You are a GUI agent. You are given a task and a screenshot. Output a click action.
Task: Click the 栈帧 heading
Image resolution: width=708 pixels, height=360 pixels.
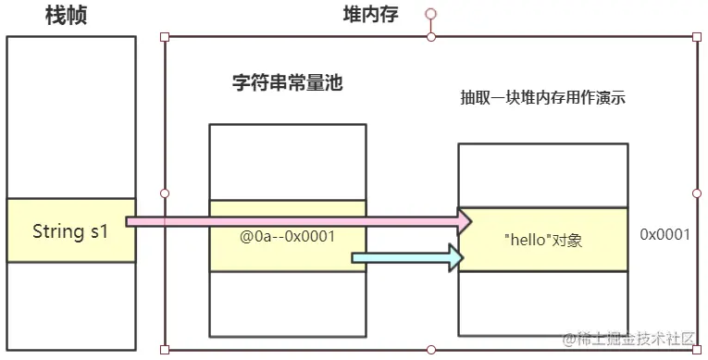[x=66, y=16]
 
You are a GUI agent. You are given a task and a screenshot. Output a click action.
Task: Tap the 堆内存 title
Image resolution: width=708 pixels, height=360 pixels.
[x=371, y=15]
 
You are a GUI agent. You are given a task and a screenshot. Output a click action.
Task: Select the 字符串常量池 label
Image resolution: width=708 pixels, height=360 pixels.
[x=288, y=82]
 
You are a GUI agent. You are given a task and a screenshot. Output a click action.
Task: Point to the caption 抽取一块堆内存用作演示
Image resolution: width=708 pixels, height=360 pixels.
[x=542, y=97]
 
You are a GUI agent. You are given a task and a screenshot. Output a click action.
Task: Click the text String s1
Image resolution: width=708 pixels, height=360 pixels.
[x=70, y=231]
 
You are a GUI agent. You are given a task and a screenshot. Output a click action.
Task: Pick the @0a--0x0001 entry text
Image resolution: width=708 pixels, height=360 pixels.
[x=287, y=236]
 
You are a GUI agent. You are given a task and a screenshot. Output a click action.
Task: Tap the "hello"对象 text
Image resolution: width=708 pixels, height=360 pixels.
[x=543, y=240]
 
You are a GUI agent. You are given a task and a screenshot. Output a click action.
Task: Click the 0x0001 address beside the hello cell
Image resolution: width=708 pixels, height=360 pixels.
[x=665, y=234]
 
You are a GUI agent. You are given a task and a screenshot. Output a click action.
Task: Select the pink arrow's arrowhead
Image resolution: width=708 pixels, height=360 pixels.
[x=466, y=221]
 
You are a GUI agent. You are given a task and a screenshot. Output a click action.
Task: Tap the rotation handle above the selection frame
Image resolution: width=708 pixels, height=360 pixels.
[x=430, y=14]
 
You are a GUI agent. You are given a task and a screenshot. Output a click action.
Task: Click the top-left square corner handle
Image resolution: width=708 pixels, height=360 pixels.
[x=165, y=37]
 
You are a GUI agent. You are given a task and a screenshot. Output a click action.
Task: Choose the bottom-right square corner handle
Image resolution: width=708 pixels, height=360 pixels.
[x=697, y=350]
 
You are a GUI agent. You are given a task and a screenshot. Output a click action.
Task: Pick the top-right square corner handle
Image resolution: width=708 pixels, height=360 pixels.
[x=697, y=37]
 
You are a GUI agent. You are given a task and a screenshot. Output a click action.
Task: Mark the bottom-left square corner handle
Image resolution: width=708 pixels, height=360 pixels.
[x=165, y=350]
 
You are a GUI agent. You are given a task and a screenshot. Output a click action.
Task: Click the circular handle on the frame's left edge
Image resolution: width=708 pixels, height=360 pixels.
[x=165, y=193]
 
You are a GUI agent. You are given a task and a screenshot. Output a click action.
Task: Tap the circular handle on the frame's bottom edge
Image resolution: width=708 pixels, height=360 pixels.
[x=431, y=350]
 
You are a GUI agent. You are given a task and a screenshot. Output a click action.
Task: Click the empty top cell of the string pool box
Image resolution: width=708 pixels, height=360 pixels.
[x=288, y=163]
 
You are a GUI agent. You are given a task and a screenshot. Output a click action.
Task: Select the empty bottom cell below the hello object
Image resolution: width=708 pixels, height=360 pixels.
[x=543, y=304]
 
